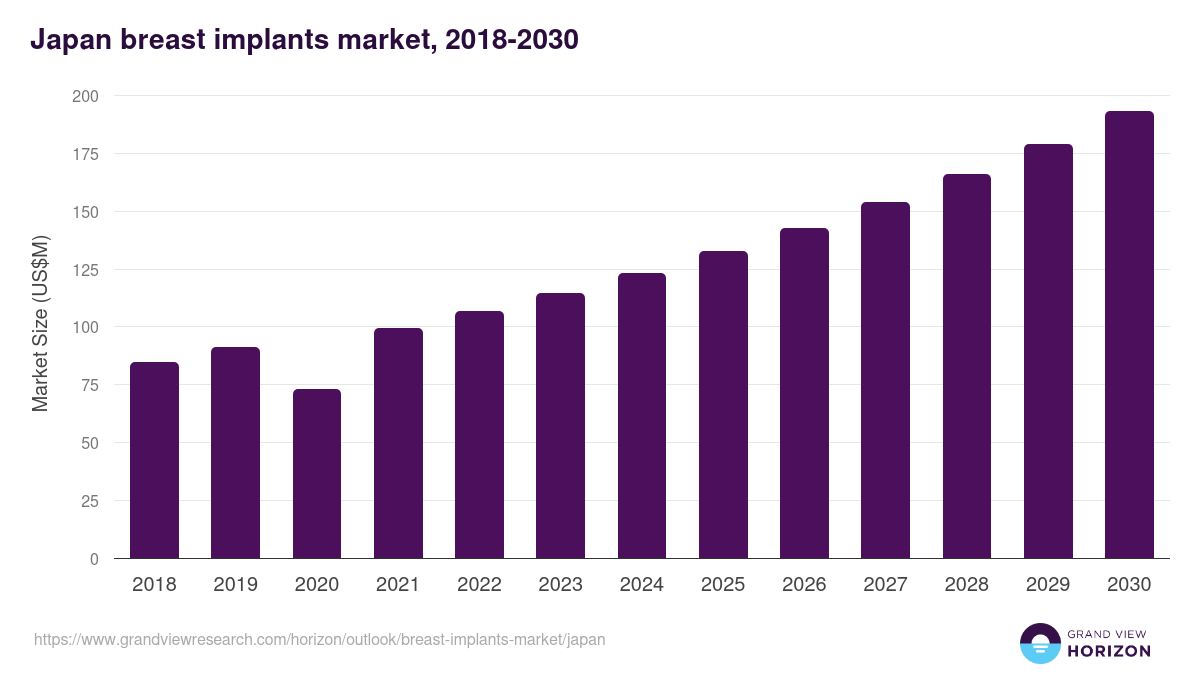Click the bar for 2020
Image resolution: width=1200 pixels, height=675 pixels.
coord(317,474)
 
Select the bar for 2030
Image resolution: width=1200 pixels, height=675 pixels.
coord(1129,335)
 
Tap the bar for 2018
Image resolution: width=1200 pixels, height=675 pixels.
coord(154,460)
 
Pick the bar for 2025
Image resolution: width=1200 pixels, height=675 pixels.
coord(723,405)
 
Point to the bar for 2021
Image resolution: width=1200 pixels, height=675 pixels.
coord(398,443)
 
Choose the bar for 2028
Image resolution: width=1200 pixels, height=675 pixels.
coord(967,366)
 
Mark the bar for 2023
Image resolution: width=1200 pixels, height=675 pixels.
coord(560,426)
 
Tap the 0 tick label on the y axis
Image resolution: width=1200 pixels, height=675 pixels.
coord(94,559)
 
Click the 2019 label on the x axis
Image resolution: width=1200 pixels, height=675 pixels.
coord(235,585)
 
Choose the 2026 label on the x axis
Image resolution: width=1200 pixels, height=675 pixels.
coord(804,585)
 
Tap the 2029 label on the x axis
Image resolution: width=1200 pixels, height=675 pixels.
coord(1048,585)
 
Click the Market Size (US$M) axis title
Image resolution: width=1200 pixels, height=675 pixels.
coord(40,323)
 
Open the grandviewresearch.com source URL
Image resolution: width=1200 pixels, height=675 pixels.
coord(319,639)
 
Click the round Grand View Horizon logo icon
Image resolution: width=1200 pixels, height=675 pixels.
coord(1039,643)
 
